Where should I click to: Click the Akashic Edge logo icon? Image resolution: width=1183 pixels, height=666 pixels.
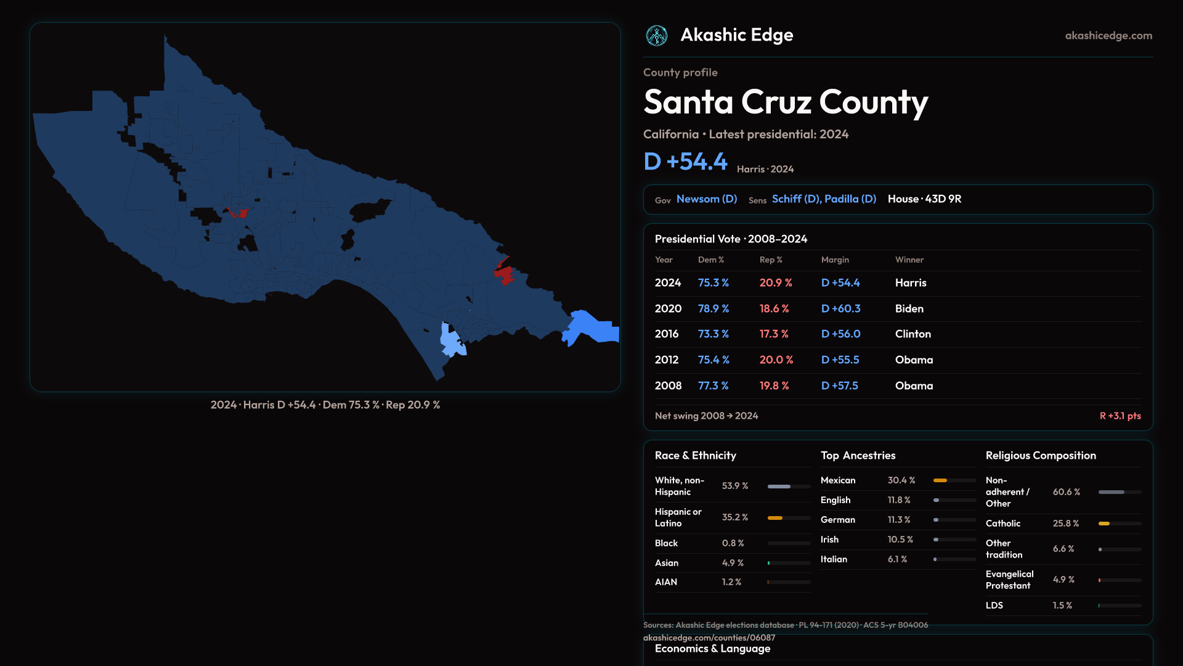pyautogui.click(x=656, y=36)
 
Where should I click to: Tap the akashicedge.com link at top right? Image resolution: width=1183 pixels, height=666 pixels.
pyautogui.click(x=1108, y=36)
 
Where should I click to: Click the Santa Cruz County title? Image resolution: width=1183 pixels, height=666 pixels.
pyautogui.click(x=786, y=102)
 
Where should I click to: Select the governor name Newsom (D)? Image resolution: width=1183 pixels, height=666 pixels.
pyautogui.click(x=707, y=199)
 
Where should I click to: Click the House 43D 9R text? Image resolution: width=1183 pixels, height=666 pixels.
pyautogui.click(x=924, y=199)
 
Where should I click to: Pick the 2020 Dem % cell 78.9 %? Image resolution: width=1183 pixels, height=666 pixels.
pyautogui.click(x=713, y=308)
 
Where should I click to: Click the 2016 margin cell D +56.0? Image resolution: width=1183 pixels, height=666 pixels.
pyautogui.click(x=840, y=334)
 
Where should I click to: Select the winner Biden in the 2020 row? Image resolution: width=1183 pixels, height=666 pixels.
pyautogui.click(x=909, y=308)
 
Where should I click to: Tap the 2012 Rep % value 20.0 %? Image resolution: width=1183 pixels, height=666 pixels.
pyautogui.click(x=776, y=360)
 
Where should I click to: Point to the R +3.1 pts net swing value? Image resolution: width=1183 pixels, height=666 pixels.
pyautogui.click(x=1120, y=416)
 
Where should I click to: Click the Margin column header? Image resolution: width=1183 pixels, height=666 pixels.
pyautogui.click(x=835, y=260)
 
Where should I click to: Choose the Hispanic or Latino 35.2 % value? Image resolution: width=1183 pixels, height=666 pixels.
pyautogui.click(x=735, y=517)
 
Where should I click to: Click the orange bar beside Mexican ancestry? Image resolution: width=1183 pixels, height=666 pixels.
pyautogui.click(x=940, y=480)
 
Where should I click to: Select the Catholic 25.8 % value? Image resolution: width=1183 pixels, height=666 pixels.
pyautogui.click(x=1066, y=524)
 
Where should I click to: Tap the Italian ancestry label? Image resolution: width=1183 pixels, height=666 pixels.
pyautogui.click(x=834, y=559)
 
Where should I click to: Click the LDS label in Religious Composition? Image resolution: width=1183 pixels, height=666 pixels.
pyautogui.click(x=994, y=606)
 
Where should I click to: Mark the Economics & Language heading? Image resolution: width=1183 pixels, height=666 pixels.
pyautogui.click(x=712, y=649)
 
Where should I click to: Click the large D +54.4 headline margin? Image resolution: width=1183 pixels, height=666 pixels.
pyautogui.click(x=685, y=162)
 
